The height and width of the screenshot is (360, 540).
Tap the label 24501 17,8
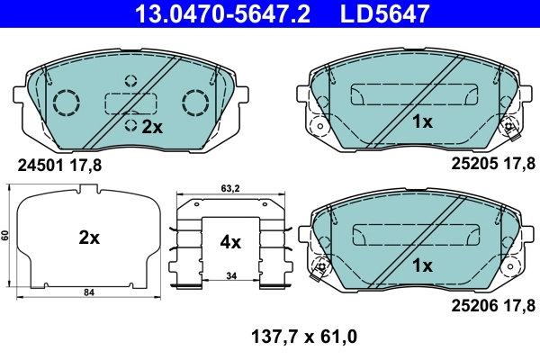tap(60, 165)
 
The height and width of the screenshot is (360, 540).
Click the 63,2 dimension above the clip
tap(230, 189)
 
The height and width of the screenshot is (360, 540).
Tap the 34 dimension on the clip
tap(231, 274)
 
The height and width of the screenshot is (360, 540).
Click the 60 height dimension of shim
tap(5, 236)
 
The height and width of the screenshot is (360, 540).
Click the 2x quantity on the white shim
tap(88, 238)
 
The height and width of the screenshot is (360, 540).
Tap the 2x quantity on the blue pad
tap(150, 127)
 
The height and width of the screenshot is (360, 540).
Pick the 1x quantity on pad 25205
tap(422, 121)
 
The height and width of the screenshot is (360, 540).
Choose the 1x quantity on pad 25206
tap(422, 265)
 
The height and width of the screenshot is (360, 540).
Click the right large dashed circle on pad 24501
tap(195, 103)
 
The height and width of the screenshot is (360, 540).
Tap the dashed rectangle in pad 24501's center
tap(130, 103)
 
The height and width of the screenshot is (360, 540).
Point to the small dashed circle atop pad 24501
tap(130, 81)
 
